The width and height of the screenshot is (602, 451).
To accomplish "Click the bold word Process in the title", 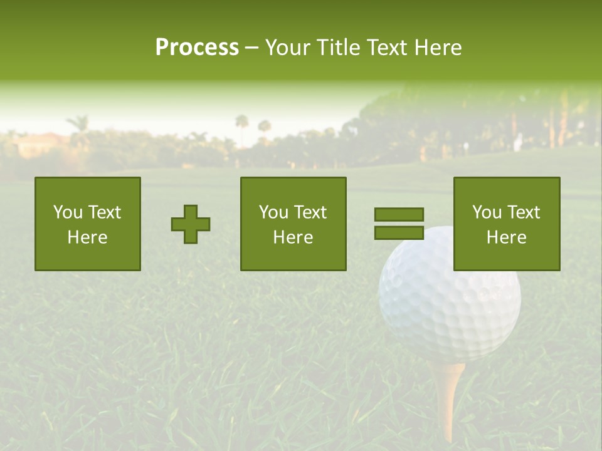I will click(197, 48).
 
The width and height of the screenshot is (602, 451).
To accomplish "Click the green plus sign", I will click(191, 224).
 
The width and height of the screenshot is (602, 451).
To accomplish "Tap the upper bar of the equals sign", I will click(399, 214).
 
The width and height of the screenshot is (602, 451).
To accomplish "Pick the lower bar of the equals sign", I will click(399, 232).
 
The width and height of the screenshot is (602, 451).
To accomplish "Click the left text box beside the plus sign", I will click(88, 224).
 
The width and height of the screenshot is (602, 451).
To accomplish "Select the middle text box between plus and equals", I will click(293, 224).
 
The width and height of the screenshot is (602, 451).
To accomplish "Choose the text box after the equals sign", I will click(507, 224).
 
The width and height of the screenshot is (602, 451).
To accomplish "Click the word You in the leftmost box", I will click(68, 212).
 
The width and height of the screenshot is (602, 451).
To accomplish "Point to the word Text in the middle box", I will click(310, 212).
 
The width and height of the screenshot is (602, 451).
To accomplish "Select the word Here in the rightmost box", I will click(507, 237).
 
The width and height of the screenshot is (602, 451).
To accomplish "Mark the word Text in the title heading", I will click(388, 48).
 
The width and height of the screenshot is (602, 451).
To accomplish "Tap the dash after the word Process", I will click(252, 48).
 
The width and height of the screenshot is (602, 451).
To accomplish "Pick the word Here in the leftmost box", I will click(88, 237).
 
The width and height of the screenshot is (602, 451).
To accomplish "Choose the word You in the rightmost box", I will click(487, 212).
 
